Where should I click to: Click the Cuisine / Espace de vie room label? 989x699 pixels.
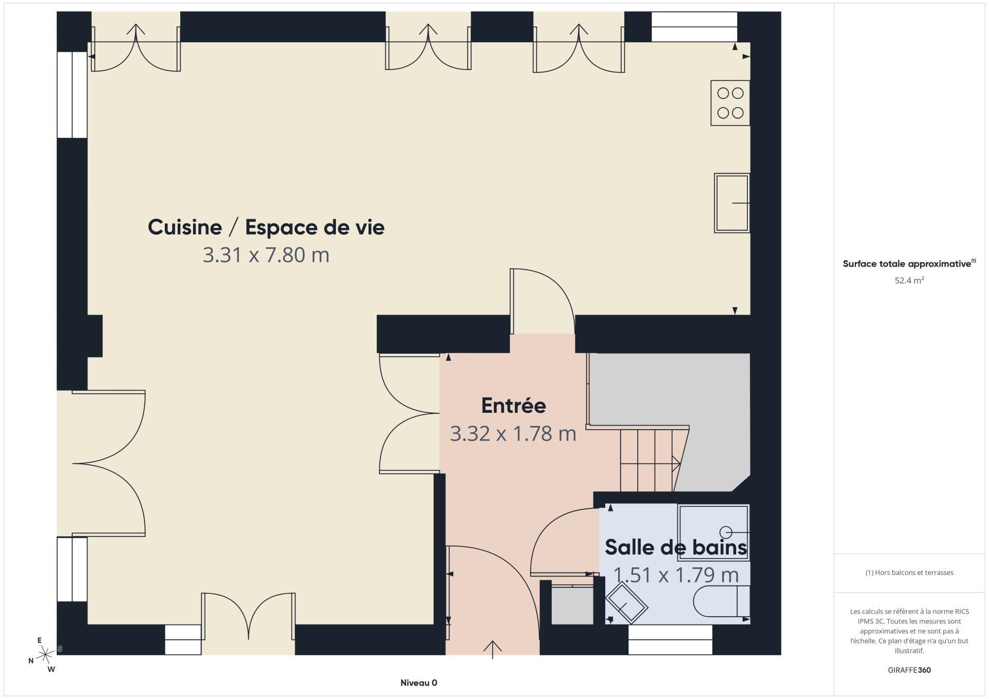click(x=266, y=227)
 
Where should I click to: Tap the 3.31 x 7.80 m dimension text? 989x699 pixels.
click(x=266, y=255)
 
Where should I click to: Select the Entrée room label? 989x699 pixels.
click(x=514, y=406)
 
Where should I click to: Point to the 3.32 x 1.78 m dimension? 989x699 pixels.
click(x=513, y=433)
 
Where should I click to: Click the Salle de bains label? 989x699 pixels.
click(x=676, y=547)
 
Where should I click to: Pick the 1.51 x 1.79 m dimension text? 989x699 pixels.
click(x=676, y=575)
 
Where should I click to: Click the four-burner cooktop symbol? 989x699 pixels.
click(x=730, y=103)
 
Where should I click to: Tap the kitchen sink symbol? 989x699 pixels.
click(x=732, y=203)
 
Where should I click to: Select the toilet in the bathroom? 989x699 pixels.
click(x=722, y=601)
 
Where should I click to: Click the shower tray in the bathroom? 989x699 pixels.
click(x=713, y=532)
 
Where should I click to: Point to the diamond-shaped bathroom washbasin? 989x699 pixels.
click(x=626, y=604)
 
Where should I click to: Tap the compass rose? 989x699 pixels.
click(x=45, y=655)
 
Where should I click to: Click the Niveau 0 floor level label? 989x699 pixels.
click(x=419, y=683)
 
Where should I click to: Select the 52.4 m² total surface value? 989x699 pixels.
click(x=909, y=281)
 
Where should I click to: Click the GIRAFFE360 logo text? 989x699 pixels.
click(x=909, y=670)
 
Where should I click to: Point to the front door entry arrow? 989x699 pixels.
click(x=493, y=649)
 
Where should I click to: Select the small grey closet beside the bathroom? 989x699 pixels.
click(x=572, y=605)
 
